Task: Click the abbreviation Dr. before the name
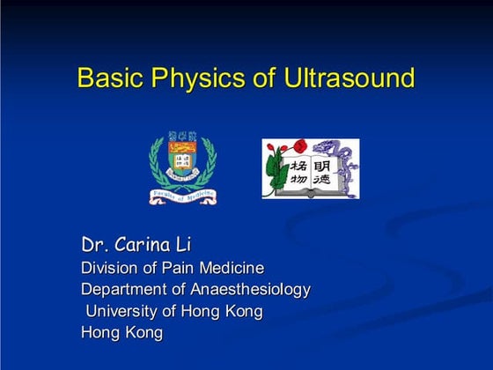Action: coord(93,244)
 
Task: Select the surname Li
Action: coord(183,244)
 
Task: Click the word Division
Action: coord(109,268)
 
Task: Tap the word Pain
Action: coord(174,268)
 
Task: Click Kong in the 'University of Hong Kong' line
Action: coord(242,311)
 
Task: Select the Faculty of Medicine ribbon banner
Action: coord(183,196)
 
